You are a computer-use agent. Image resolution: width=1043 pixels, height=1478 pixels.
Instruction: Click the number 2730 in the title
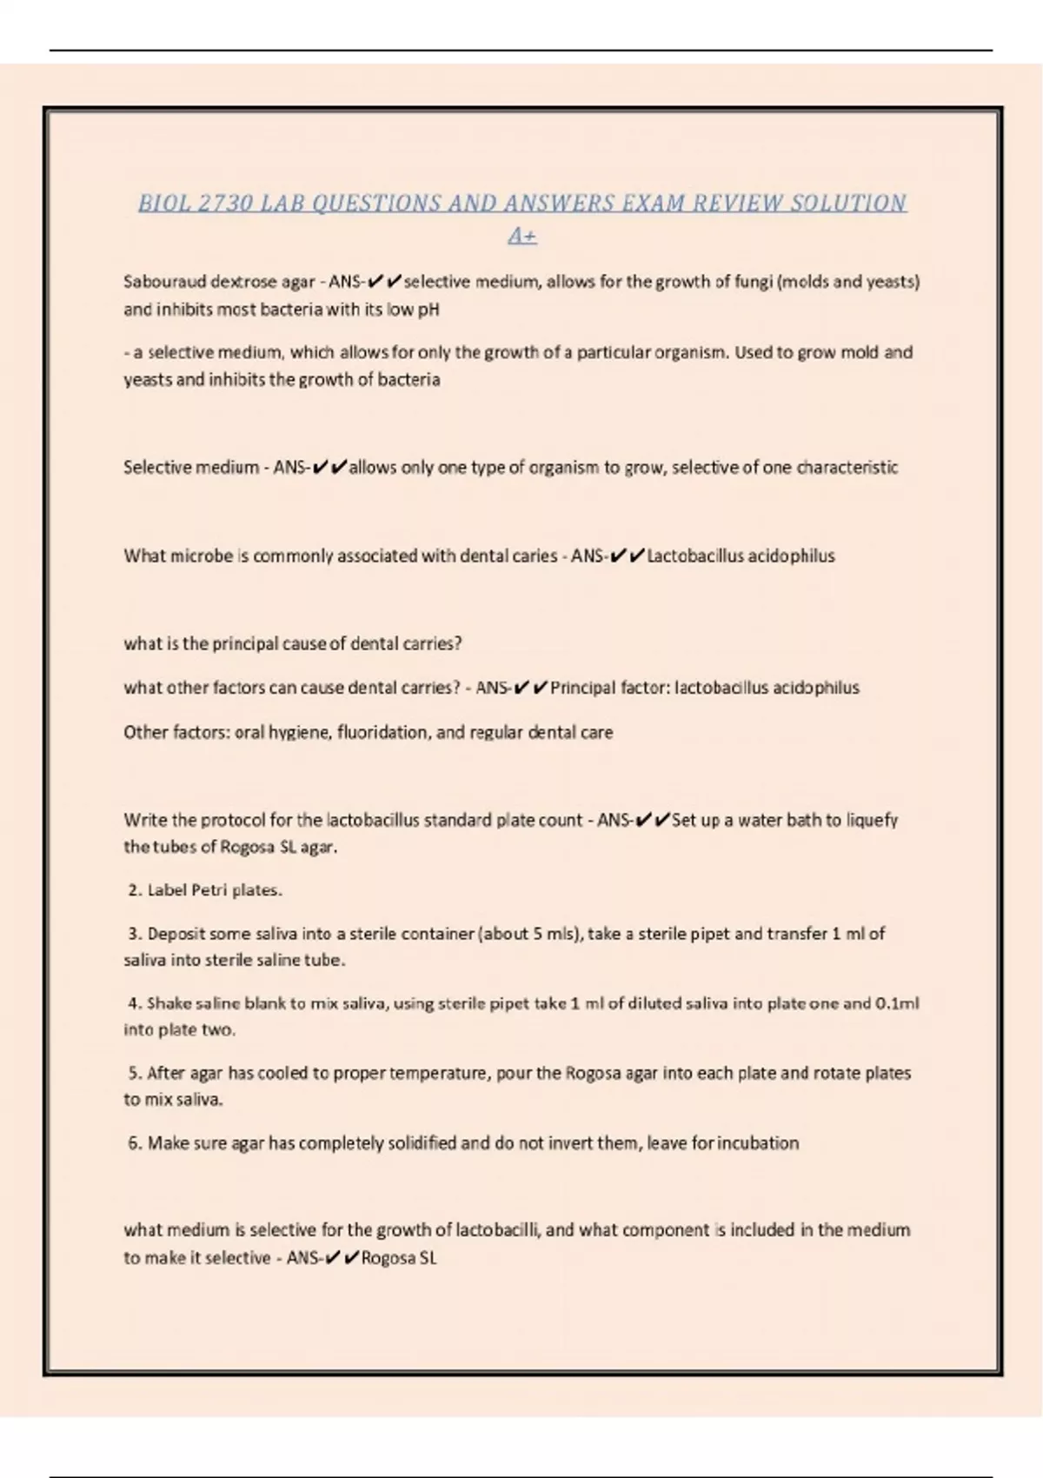point(225,203)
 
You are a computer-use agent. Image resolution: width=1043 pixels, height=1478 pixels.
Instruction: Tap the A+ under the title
point(522,236)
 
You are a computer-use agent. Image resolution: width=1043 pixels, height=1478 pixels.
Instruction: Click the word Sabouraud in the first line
point(164,282)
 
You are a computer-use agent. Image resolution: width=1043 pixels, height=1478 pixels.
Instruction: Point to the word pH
point(428,310)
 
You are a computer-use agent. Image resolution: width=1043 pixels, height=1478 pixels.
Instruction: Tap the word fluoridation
point(383,733)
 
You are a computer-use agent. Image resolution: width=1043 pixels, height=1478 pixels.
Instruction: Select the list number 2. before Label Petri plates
point(135,890)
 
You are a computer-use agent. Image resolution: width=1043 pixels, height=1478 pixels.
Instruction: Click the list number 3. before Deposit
point(135,934)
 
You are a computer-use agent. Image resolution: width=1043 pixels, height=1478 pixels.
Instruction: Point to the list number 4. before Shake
point(135,1003)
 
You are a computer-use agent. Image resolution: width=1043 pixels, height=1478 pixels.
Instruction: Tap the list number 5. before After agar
point(135,1074)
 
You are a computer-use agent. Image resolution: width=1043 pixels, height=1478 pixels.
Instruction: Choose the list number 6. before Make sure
point(135,1143)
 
